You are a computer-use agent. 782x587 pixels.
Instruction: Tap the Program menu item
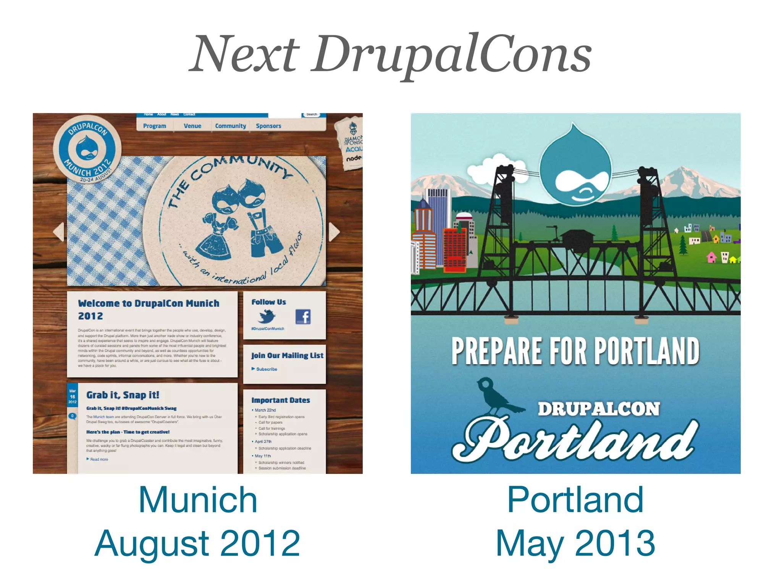tap(155, 126)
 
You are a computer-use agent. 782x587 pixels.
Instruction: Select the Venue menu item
tap(192, 126)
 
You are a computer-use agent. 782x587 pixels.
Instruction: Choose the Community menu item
tap(230, 126)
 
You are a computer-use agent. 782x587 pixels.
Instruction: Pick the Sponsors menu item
tap(268, 126)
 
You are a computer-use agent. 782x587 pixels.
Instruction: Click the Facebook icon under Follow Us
tap(303, 317)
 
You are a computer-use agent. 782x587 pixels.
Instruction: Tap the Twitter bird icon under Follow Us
tap(267, 316)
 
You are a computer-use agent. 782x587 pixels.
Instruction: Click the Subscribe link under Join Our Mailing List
tap(266, 369)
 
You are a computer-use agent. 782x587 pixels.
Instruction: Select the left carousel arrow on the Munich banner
tap(59, 232)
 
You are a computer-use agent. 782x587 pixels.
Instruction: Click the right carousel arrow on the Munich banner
tap(334, 232)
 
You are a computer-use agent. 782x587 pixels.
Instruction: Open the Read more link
tap(99, 459)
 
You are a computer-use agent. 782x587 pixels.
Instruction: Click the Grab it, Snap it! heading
tap(123, 395)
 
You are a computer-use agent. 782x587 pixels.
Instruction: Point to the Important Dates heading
tap(281, 400)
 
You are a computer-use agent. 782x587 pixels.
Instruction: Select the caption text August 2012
tap(197, 543)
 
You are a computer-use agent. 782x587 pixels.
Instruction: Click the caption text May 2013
tap(575, 543)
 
